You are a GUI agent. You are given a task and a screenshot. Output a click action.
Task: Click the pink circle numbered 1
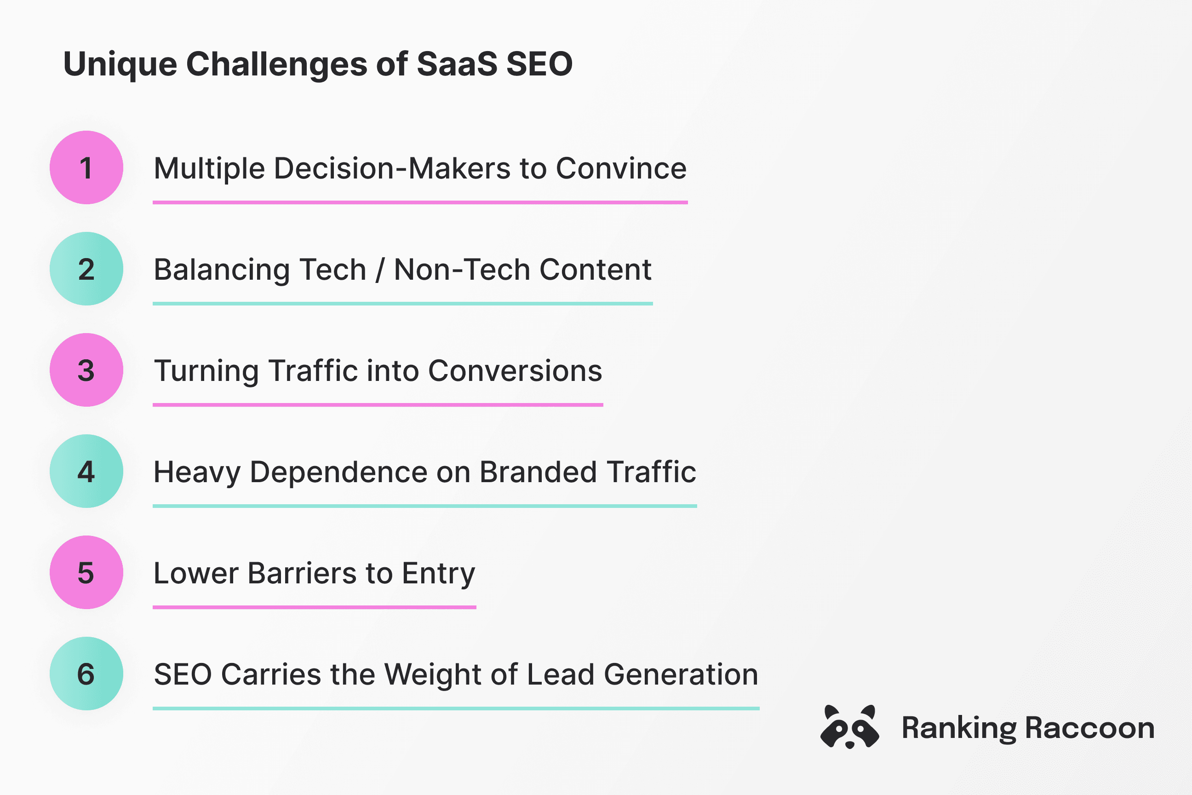click(x=86, y=168)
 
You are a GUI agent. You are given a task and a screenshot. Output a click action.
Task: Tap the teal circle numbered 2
click(x=86, y=269)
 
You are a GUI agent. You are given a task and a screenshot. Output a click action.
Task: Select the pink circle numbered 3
click(x=86, y=370)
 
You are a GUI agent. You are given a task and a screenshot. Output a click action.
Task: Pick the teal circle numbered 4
click(x=86, y=471)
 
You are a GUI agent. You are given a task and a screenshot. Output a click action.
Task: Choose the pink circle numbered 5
click(x=86, y=572)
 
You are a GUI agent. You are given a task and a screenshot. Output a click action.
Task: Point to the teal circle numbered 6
click(x=86, y=674)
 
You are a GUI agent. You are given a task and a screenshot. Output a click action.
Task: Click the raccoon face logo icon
click(x=849, y=727)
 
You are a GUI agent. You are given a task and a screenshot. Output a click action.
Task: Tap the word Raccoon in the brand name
click(x=1089, y=728)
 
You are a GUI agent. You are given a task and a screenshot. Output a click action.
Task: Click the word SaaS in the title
click(x=457, y=64)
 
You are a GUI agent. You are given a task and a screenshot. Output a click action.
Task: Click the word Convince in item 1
click(x=621, y=168)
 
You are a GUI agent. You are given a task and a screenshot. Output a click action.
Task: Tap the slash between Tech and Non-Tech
click(x=379, y=270)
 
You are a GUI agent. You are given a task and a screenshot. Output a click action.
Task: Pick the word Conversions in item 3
click(x=515, y=371)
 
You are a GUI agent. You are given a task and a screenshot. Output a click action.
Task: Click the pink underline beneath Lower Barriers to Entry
click(x=314, y=607)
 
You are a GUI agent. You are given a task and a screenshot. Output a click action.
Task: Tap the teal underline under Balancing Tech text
click(x=402, y=304)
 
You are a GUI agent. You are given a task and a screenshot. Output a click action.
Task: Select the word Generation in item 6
click(x=681, y=675)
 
